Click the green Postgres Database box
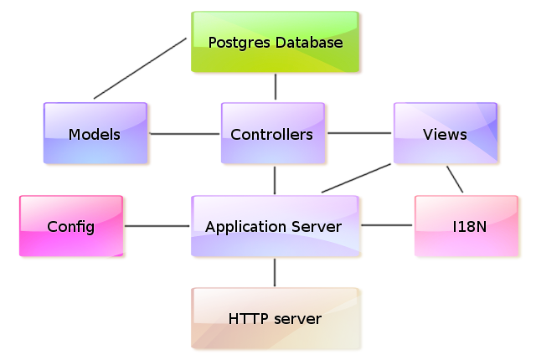tap(275, 42)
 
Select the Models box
tap(95, 133)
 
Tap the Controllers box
tap(272, 133)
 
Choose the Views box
tap(445, 133)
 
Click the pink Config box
tap(70, 226)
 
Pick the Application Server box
tap(275, 226)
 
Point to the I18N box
tap(466, 226)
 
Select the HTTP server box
tap(275, 318)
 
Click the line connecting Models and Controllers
tap(184, 133)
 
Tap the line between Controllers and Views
tap(360, 132)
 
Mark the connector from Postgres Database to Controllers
tap(275, 87)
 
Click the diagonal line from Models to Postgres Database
tap(139, 68)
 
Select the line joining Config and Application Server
tap(157, 226)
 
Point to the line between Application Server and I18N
tap(388, 225)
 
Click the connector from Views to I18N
tap(455, 179)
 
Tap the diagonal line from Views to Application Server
tap(358, 177)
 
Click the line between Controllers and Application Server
tap(275, 180)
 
